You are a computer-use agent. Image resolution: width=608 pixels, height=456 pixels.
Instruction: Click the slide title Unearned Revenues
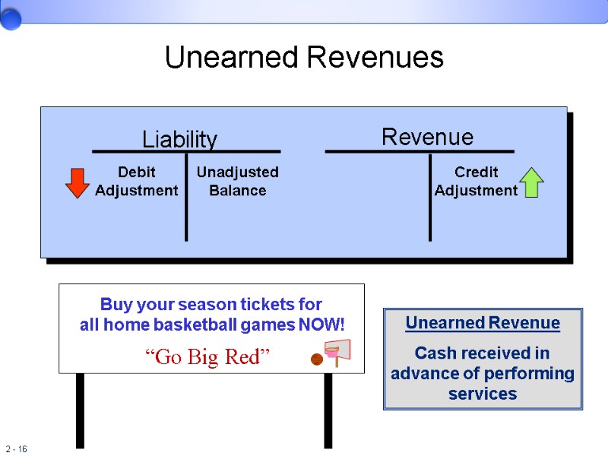pyautogui.click(x=304, y=58)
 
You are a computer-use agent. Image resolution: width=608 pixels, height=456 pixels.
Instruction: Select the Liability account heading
pyautogui.click(x=179, y=140)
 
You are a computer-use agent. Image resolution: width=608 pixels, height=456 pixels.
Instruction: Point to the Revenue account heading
pyautogui.click(x=427, y=138)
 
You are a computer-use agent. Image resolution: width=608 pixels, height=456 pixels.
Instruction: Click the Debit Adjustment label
pyautogui.click(x=137, y=182)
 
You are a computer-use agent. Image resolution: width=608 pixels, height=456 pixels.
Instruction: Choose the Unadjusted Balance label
pyautogui.click(x=237, y=182)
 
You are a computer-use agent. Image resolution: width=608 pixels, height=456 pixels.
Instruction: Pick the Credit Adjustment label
pyautogui.click(x=476, y=182)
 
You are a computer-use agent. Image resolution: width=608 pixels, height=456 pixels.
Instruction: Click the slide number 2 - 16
pyautogui.click(x=16, y=449)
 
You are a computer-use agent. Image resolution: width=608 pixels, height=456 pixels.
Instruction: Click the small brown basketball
pyautogui.click(x=315, y=359)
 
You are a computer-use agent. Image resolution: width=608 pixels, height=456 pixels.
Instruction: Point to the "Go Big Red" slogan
pyautogui.click(x=207, y=356)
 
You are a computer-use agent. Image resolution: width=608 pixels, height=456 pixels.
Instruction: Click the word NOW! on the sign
pyautogui.click(x=323, y=325)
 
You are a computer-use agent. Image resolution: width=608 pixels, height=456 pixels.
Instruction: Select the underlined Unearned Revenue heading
pyautogui.click(x=483, y=323)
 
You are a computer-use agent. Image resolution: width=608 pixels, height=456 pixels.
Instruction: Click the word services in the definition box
pyautogui.click(x=483, y=394)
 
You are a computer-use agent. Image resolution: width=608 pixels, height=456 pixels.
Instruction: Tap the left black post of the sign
pyautogui.click(x=80, y=410)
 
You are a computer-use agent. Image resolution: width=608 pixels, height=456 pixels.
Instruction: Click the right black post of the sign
pyautogui.click(x=328, y=410)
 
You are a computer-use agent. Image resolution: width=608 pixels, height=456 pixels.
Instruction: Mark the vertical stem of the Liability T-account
pyautogui.click(x=186, y=198)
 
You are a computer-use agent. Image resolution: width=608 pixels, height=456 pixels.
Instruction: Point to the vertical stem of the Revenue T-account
pyautogui.click(x=430, y=198)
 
